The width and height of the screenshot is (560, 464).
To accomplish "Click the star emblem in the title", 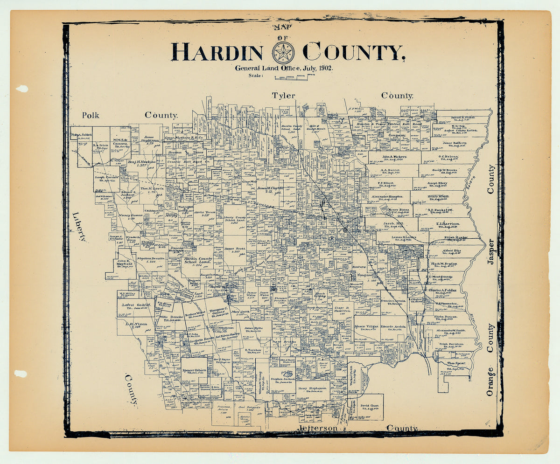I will point(283,52).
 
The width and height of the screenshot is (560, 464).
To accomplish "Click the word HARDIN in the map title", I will point(217,52).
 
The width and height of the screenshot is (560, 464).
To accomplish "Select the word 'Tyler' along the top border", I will point(284,96).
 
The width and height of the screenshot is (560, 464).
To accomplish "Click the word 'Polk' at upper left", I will point(91,115).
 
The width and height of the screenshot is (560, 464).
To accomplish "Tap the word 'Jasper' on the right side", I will point(490,252).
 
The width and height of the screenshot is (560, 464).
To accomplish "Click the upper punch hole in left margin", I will point(21,89).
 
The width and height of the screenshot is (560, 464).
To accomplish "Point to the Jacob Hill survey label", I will point(393,224).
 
